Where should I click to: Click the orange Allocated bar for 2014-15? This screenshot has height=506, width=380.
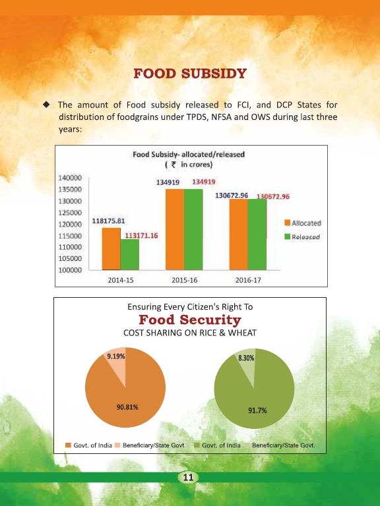coord(111,249)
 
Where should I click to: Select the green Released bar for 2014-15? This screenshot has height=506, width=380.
coord(130,254)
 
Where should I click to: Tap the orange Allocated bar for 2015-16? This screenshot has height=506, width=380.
coord(175,229)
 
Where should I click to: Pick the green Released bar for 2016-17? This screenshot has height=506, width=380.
coord(257,235)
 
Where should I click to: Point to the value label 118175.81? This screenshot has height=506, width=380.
coord(108,221)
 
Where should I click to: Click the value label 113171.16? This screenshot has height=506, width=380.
coord(142,236)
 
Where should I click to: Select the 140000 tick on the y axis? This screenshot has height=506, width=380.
coord(70,178)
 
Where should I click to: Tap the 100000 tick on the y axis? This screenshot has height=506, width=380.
coord(70,270)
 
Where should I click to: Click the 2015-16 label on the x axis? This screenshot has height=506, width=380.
coord(184,280)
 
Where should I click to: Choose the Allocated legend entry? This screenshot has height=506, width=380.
coord(303,223)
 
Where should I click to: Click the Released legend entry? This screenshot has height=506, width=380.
coord(302,237)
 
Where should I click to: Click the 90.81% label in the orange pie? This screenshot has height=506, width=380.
coord(127,407)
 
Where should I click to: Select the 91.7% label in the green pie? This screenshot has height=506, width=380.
coord(257,410)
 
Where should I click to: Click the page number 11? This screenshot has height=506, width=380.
coord(188,477)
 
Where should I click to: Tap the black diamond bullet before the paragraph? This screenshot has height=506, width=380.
coord(47,104)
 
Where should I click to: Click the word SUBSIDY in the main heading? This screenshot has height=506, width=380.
coord(214,74)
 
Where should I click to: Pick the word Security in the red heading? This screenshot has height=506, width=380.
coord(210,320)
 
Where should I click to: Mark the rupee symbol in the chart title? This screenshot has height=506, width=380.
coord(174,165)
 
